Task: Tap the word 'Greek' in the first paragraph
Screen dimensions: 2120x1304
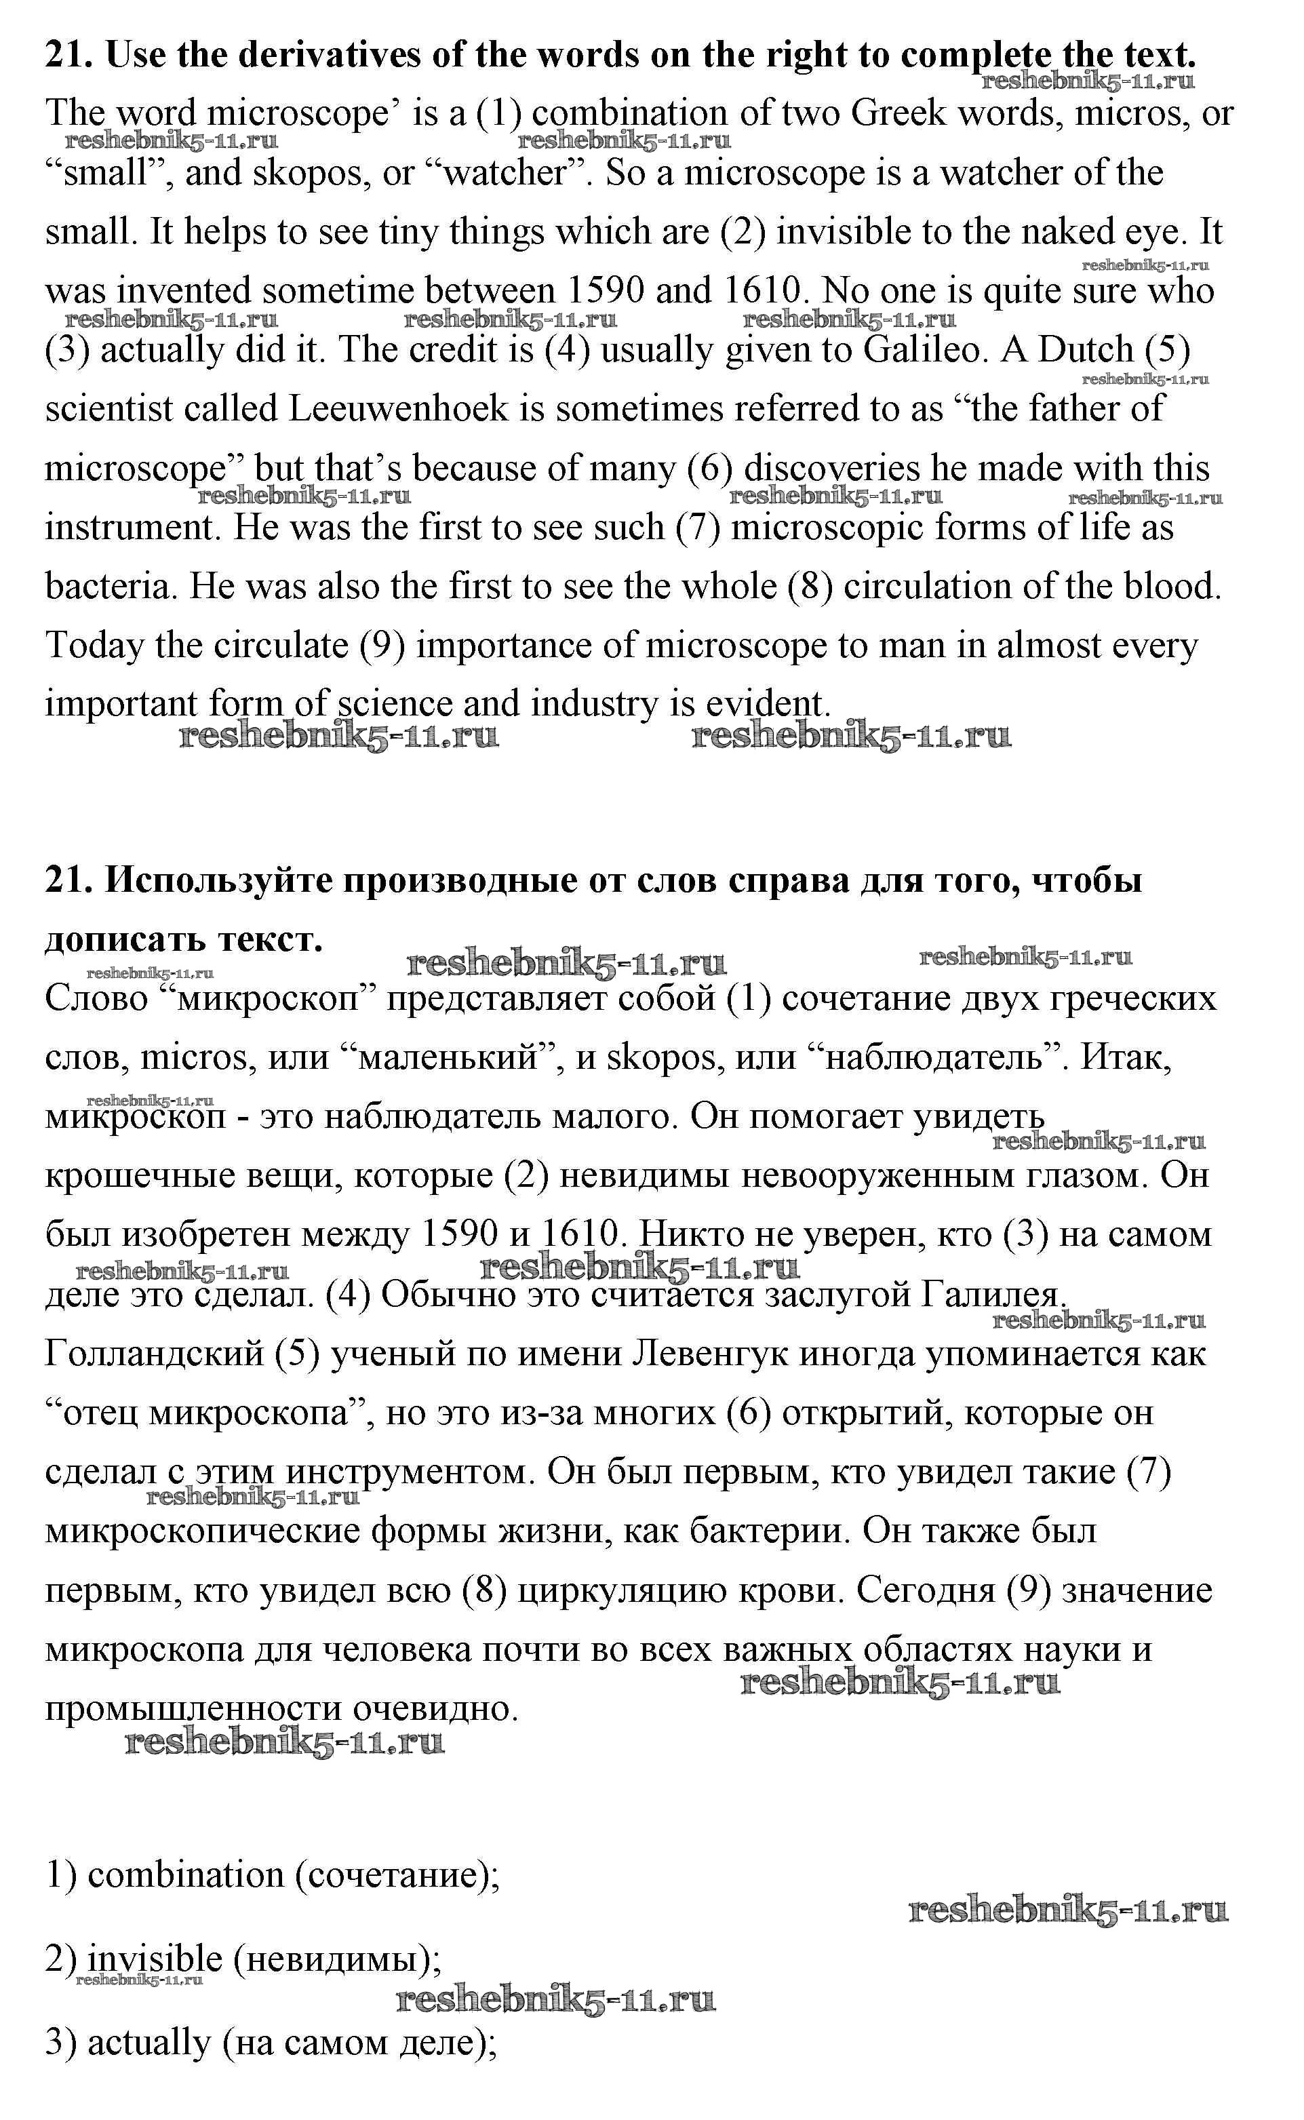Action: point(898,113)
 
